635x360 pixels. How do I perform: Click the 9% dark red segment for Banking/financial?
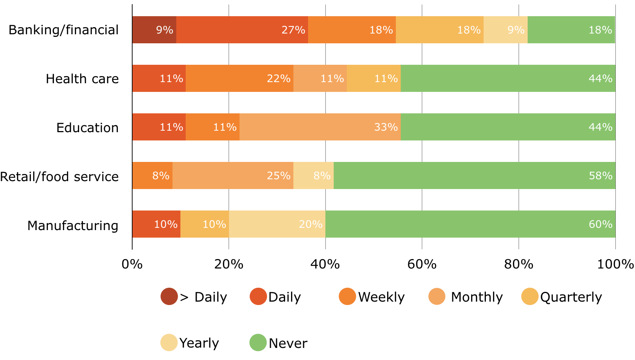pos(154,30)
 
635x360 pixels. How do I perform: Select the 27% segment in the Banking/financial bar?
pos(242,30)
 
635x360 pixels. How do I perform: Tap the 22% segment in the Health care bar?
pos(240,78)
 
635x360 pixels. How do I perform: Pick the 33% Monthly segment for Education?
pos(320,127)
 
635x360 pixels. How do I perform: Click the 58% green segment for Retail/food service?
pos(475,175)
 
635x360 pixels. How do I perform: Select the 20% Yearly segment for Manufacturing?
pos(277,224)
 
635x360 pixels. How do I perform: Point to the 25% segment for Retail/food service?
pos(233,175)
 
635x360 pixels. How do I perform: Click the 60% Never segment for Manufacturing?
pos(470,224)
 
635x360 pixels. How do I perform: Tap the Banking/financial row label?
pos(64,30)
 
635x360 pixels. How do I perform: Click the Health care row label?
pos(82,79)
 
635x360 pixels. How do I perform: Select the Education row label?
pos(87,128)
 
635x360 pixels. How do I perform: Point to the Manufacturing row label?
pos(73,226)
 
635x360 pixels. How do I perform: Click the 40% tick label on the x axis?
pos(325,264)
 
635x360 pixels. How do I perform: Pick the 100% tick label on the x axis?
pos(615,264)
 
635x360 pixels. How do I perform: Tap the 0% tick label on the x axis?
pos(132,264)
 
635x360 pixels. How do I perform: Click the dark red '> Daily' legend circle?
pos(169,296)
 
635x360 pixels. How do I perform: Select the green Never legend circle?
pos(258,342)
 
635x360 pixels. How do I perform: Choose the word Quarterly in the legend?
pos(571,297)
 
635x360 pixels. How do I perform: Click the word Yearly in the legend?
pos(199,343)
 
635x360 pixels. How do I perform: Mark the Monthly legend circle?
pos(437,296)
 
